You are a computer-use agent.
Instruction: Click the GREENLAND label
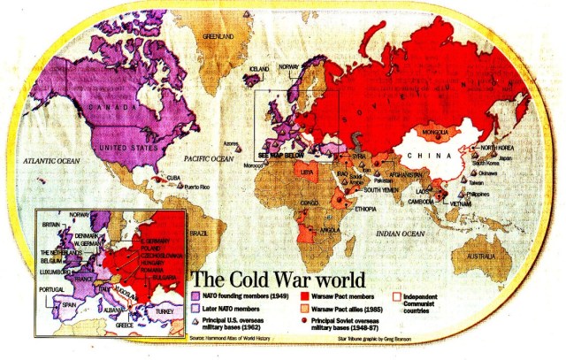[218, 36]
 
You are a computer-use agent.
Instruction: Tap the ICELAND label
[260, 68]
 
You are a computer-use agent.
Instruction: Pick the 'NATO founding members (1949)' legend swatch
[196, 295]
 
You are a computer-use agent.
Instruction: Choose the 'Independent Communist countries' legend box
[396, 298]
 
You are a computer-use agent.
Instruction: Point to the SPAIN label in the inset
[67, 305]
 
